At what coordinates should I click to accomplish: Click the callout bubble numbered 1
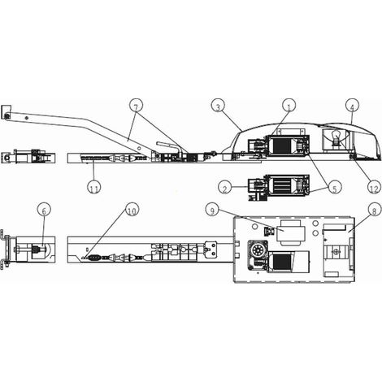289,106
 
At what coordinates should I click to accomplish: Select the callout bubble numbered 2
225,188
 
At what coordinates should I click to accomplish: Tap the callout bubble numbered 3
218,106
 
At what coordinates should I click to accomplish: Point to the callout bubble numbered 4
352,106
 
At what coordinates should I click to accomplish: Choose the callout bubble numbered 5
335,188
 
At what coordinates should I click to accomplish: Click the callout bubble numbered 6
45,211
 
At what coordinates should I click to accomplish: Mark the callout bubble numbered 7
136,106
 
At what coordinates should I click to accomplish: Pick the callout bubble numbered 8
375,211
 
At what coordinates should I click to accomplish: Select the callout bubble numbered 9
213,210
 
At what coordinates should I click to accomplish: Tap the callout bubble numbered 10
132,211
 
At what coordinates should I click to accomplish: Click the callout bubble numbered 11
94,188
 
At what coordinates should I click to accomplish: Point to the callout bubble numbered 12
374,188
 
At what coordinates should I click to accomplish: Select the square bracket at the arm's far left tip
6,112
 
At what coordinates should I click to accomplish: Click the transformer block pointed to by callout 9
290,232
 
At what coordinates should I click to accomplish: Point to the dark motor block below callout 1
281,146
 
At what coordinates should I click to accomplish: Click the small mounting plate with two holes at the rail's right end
211,249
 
